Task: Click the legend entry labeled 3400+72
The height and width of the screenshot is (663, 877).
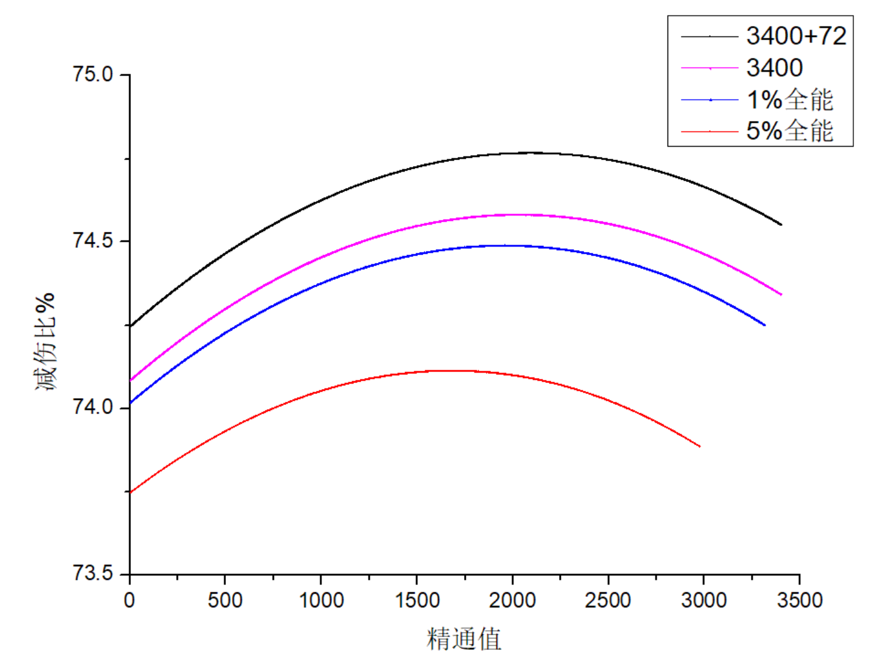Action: (796, 37)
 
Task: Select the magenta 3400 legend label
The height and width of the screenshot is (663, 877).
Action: (774, 68)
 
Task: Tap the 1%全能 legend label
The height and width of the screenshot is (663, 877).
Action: (789, 99)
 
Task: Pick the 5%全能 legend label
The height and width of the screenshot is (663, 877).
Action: (789, 130)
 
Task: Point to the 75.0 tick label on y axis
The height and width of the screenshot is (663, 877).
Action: (93, 74)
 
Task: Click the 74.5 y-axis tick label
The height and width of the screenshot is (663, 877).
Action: (93, 240)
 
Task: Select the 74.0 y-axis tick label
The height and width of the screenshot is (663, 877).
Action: (93, 407)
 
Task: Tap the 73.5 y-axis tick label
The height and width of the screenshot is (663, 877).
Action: (93, 573)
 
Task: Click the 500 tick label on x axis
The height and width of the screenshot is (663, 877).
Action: (225, 600)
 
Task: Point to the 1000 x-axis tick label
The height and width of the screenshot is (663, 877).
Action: (321, 600)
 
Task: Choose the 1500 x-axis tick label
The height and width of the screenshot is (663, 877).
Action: (417, 600)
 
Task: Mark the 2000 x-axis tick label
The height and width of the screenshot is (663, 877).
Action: (512, 600)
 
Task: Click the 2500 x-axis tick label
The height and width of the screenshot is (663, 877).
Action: (608, 600)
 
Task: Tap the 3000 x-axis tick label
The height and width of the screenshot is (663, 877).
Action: (703, 600)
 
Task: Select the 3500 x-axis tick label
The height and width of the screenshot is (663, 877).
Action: (799, 600)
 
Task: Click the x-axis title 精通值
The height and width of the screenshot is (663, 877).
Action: (464, 639)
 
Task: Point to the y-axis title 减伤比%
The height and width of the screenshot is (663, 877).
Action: (46, 342)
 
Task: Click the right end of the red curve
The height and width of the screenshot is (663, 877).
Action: (700, 446)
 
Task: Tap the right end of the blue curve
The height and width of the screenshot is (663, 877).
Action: (764, 325)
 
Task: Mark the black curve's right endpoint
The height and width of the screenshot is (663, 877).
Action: (781, 225)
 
